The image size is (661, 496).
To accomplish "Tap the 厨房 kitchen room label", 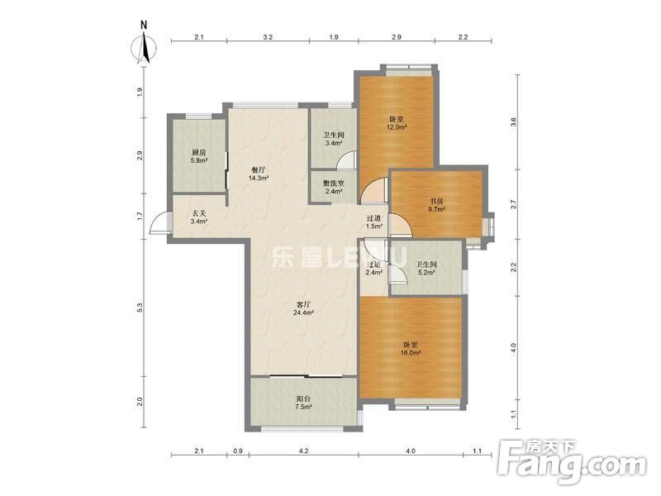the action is pos(199,156).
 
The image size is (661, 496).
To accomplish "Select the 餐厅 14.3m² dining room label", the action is pos(259,174).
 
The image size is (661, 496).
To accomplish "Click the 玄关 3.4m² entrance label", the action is pos(199,217).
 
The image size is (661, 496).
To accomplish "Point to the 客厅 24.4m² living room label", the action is pos(303,308).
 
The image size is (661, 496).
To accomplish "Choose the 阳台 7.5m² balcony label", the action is pos(303,403).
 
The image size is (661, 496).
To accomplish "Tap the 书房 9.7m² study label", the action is pos(437,204).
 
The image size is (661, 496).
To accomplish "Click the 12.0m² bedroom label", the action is pos(397,123).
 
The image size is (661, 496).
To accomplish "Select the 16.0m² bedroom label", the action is pos(411,349).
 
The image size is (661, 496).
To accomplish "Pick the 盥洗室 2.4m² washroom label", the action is pos(333,188).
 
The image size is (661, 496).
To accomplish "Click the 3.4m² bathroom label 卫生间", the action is pos(334,139).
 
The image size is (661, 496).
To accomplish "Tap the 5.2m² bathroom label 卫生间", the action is pos(426,268).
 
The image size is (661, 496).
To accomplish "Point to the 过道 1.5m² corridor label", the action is pos(374,222).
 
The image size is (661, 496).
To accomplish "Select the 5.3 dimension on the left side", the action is pos(140,308).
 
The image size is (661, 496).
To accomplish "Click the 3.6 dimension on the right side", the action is pos(513,122).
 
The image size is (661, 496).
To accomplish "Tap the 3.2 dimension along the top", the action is pos(268,37).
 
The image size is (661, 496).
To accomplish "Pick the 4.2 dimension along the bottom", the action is pos(303,451).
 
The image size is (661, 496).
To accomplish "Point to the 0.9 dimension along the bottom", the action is pos(238,451).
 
